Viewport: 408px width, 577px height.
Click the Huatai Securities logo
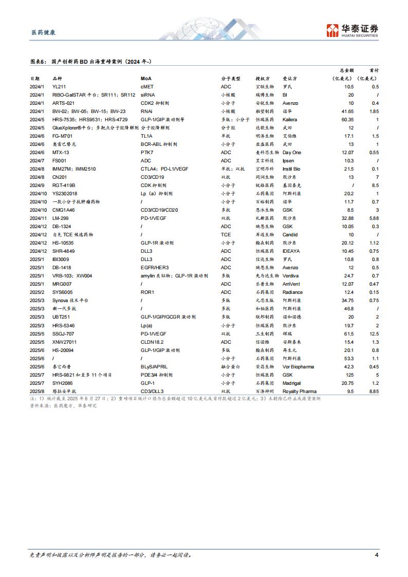pyautogui.click(x=352, y=30)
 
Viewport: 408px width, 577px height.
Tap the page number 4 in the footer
pyautogui.click(x=377, y=555)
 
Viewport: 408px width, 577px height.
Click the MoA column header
pyautogui.click(x=146, y=79)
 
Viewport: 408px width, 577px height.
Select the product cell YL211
pyautogui.click(x=60, y=87)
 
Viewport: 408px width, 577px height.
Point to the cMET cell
pyautogui.click(x=147, y=87)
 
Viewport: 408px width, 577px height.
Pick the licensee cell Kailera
pyautogui.click(x=291, y=120)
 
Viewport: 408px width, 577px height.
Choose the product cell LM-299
pyautogui.click(x=61, y=218)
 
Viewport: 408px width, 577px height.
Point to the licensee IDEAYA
pyautogui.click(x=292, y=251)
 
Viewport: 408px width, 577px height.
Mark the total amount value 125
pyautogui.click(x=351, y=375)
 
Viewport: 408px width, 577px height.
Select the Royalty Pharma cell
pyautogui.click(x=299, y=392)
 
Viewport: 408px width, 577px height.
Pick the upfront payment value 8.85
pyautogui.click(x=374, y=392)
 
